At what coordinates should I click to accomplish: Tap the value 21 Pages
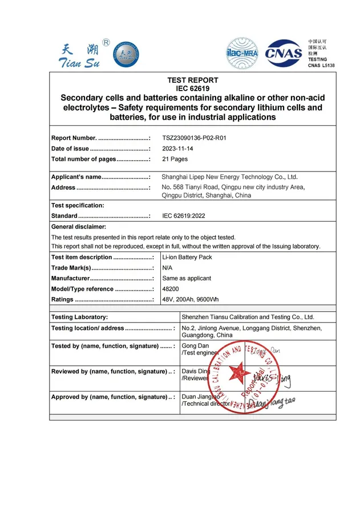175,159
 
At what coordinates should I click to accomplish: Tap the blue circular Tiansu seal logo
125,55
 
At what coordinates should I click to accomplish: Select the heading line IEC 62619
192,88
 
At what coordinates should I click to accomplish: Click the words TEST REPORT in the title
192,80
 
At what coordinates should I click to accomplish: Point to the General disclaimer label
79,227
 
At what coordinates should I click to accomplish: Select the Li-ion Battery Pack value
187,257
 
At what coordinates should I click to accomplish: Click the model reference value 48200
171,289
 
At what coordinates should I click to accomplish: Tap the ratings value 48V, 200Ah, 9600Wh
191,299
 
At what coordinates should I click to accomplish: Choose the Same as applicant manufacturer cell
187,278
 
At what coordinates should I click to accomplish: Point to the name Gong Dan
195,346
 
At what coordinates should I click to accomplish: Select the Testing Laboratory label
79,317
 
